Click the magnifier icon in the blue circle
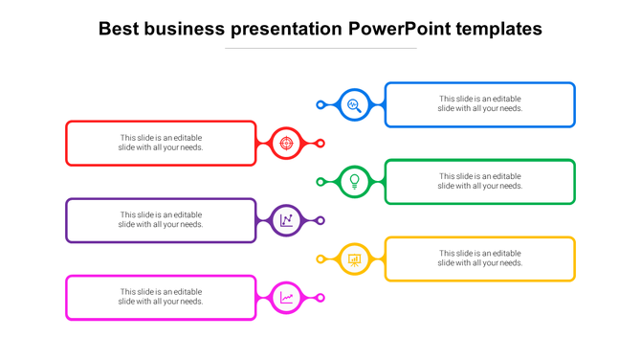coord(354,104)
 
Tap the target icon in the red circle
coord(286,144)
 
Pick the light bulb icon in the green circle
coord(354,181)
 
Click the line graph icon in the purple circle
coord(286,220)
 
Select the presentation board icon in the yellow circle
coord(354,259)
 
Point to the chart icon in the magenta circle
coord(286,298)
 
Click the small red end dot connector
coord(320,144)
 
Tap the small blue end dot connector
coord(320,104)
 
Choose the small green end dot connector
coord(320,181)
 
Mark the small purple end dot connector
coord(320,220)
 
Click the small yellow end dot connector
coord(320,259)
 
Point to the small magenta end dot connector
coord(320,298)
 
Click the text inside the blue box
coord(480,103)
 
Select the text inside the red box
coord(161,143)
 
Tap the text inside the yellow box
coord(480,258)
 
